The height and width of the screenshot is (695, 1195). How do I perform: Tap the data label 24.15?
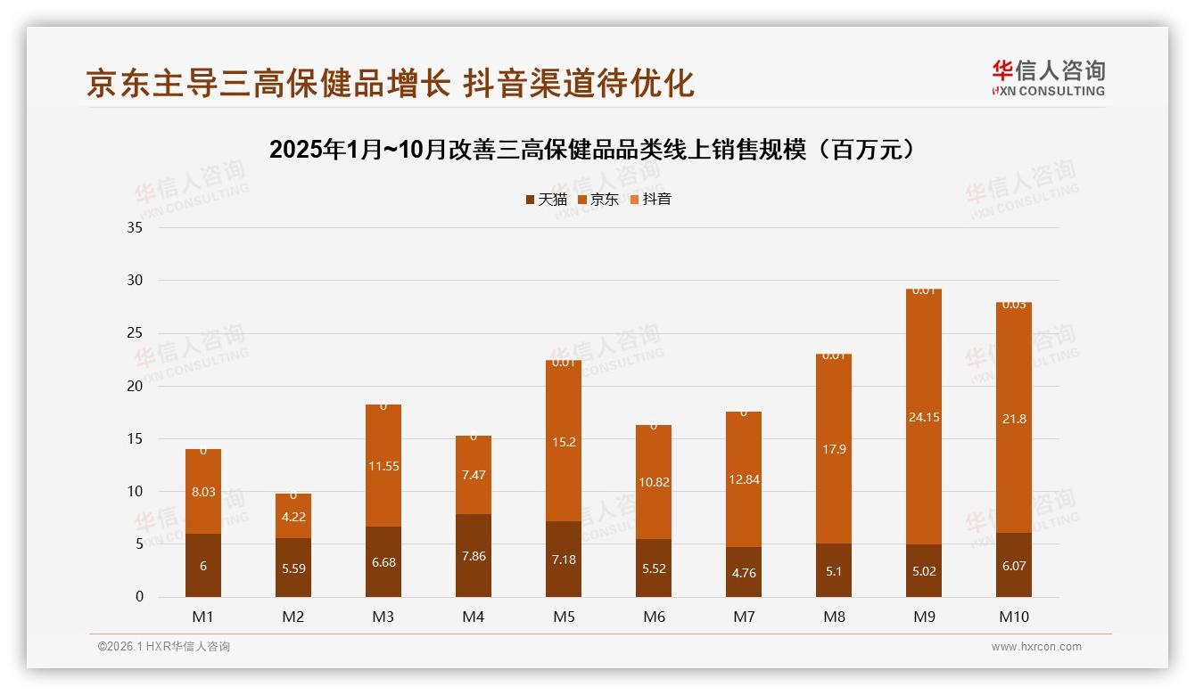coord(924,417)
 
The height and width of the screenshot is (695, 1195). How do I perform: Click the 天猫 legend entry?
coord(547,200)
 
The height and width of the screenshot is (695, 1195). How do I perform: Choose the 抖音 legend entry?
coord(651,200)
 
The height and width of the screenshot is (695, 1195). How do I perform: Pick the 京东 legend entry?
coord(598,200)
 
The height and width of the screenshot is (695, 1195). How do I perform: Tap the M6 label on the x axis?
coord(654,617)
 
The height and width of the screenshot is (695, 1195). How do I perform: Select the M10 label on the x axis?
coord(1014,617)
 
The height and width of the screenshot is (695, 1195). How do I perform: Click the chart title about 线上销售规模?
coord(592,150)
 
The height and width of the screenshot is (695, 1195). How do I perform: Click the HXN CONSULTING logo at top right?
coord(1048,78)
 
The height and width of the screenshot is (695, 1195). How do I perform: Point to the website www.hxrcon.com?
coord(1036,647)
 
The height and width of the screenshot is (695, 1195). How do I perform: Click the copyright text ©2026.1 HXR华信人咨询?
coord(164,647)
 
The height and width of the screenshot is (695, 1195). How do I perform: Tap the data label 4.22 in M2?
coord(293,517)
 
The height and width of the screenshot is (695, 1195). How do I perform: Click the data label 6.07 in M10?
coord(1014,566)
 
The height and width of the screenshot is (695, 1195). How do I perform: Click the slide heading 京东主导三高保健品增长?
coord(268,83)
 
